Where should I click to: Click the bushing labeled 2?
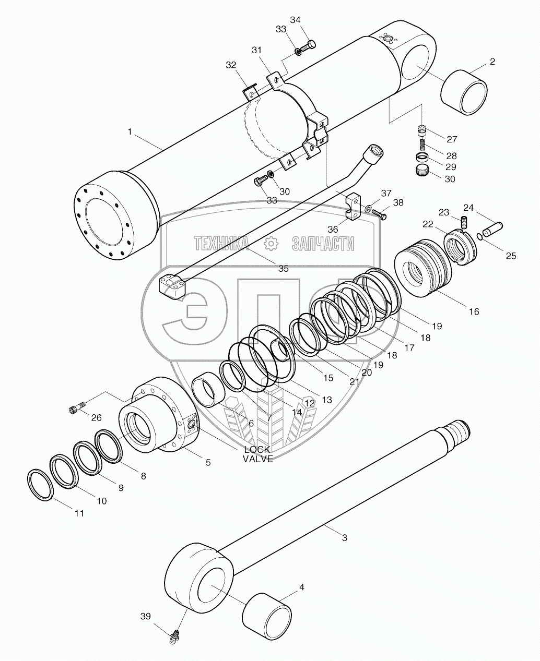[x=463, y=92]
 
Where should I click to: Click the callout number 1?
[x=130, y=132]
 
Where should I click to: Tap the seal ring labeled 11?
[x=40, y=485]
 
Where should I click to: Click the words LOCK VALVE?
[x=257, y=454]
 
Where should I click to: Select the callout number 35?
[x=283, y=269]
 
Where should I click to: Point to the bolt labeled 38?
[x=380, y=214]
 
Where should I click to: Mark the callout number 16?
[x=474, y=311]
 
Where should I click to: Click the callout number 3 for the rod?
[x=344, y=537]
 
